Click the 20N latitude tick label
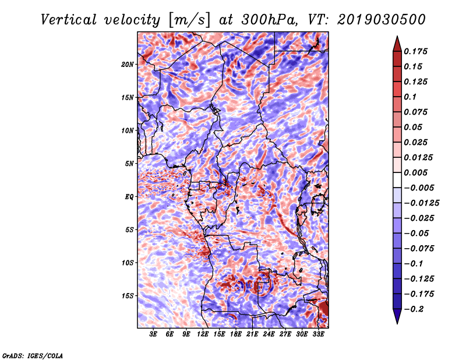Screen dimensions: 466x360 coord(128,64)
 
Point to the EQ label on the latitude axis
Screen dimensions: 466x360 coord(129,196)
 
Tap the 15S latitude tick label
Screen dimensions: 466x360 coord(128,296)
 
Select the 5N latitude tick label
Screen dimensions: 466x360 coord(129,164)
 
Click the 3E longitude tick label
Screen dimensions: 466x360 coord(153,334)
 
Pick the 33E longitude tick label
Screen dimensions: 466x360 coord(318,334)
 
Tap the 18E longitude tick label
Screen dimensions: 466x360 coord(236,334)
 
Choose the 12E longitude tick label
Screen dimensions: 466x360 coord(203,334)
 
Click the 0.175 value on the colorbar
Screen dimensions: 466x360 coord(415,51)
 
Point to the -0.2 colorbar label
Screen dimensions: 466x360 coord(414,309)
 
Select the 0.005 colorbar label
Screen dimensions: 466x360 coord(415,172)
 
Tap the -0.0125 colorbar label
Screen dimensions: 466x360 coord(421,203)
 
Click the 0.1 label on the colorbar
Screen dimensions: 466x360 coord(410,97)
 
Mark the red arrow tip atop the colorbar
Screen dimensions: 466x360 coord(397,36)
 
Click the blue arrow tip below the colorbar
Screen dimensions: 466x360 coord(397,323)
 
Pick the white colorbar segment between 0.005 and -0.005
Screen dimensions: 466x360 coord(397,180)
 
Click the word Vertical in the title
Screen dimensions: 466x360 coord(68,20)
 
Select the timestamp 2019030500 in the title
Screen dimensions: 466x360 coord(382,20)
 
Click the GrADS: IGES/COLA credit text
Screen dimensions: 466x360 coord(33,355)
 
